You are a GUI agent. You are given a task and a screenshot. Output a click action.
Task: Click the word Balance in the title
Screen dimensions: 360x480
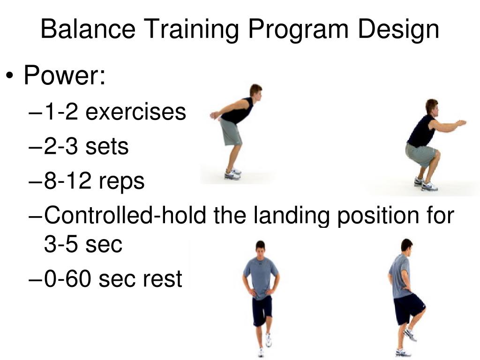[x=88, y=29]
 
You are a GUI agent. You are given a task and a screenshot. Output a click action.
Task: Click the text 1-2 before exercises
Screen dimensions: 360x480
[x=61, y=112]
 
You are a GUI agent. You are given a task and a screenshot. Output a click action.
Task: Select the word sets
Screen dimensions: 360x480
[x=106, y=147]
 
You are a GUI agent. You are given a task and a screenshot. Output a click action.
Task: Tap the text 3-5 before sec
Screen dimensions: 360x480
[x=61, y=244]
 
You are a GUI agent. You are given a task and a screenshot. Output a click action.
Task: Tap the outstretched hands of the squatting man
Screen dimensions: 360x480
[x=461, y=123]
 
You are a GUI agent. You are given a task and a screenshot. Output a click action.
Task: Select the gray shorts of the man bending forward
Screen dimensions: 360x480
[x=231, y=132]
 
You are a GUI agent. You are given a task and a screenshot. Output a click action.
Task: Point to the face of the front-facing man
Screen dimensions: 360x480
[x=260, y=248]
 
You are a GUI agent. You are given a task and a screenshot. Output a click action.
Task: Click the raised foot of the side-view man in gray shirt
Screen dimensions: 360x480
[x=410, y=335]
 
